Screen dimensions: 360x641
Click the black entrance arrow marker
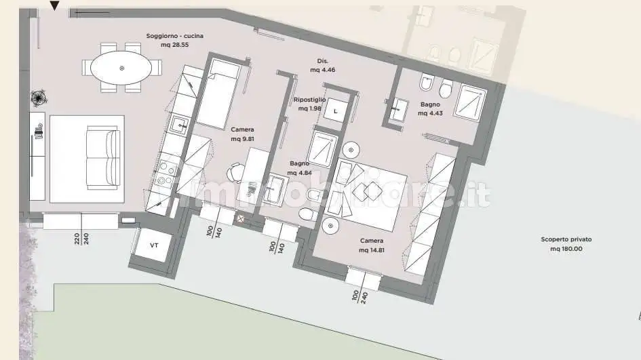pos(55,6)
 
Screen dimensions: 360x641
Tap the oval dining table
pos(122,68)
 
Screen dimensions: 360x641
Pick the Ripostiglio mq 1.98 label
pos(309,104)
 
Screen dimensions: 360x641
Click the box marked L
pos(335,112)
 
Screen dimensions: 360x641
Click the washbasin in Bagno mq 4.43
pos(398,106)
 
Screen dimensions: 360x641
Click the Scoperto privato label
pos(566,244)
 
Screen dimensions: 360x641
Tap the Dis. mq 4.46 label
pos(323,65)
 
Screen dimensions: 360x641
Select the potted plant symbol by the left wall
pos(38,98)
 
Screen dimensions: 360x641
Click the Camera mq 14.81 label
pos(372,245)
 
